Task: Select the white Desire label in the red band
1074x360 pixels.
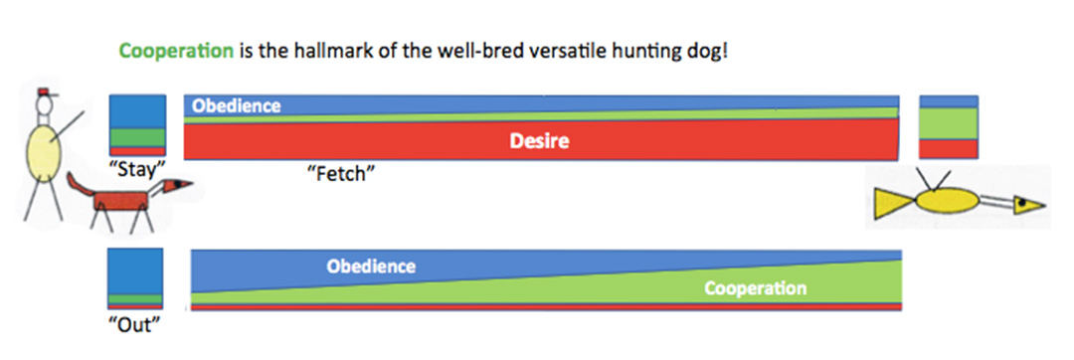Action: (540, 141)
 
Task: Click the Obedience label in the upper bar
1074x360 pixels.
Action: (237, 106)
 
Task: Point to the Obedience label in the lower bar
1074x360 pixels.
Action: (371, 267)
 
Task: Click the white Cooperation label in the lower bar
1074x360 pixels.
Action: (755, 288)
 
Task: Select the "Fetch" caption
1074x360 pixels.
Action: (341, 174)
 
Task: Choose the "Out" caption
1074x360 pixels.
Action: (134, 324)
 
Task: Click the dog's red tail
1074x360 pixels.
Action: (82, 184)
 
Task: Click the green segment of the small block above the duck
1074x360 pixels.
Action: (949, 124)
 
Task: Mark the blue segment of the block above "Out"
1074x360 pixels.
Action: (135, 271)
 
